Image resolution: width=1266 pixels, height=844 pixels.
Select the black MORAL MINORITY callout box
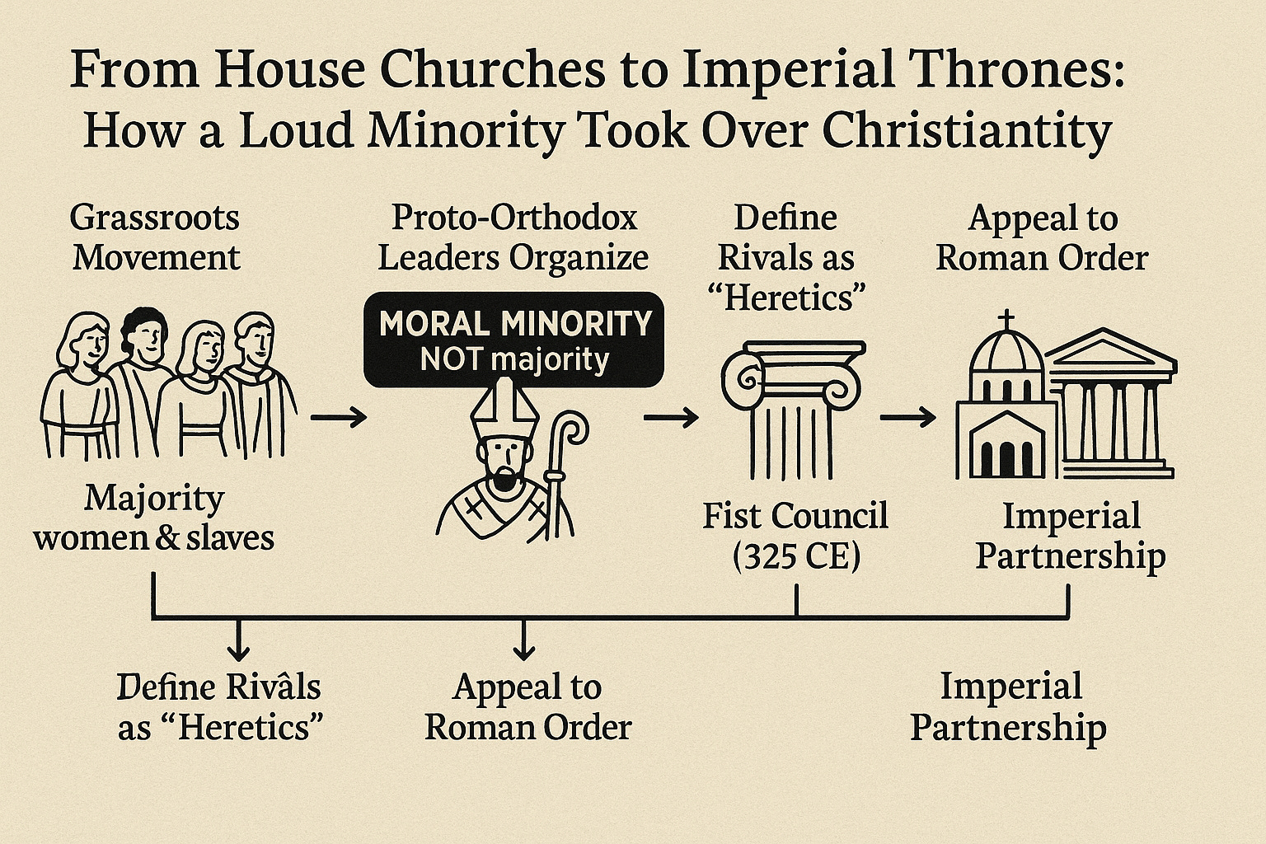point(513,339)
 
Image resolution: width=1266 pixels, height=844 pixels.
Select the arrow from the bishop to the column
point(670,419)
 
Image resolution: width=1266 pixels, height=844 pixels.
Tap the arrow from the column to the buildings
point(907,419)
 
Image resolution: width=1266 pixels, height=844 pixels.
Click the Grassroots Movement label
point(155,237)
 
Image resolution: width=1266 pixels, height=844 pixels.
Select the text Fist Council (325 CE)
point(795,537)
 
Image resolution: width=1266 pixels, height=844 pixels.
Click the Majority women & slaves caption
point(154,518)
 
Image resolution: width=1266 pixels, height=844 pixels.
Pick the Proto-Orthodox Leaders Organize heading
point(513,237)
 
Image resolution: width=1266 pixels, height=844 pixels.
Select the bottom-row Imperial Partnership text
point(1009,706)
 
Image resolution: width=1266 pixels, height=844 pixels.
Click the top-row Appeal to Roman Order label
point(1042,237)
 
